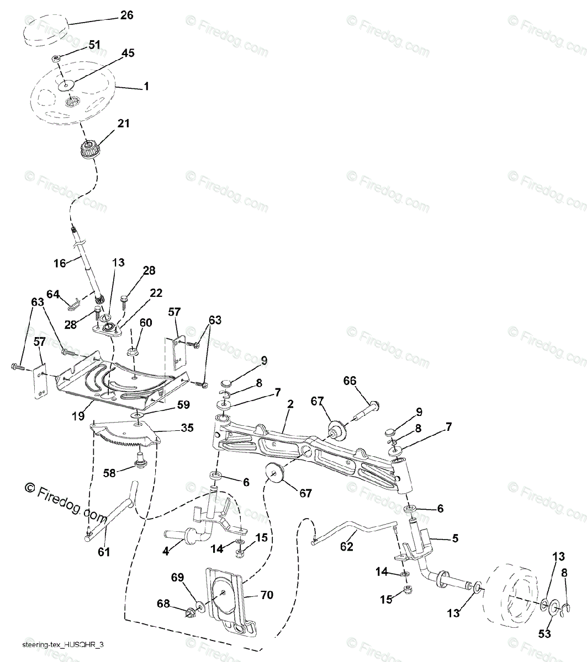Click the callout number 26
pos(126,15)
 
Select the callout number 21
pos(124,124)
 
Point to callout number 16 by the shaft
pos(59,264)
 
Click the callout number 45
pos(128,54)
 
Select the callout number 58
pos(110,473)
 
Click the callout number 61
pos(104,552)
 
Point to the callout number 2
pos(289,404)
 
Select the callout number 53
pos(544,634)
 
